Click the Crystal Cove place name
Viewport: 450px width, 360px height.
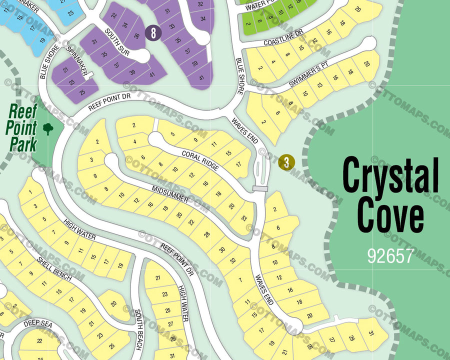tap(390, 195)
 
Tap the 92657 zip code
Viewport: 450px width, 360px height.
tap(390, 255)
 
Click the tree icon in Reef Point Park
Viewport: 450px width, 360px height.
tap(48, 129)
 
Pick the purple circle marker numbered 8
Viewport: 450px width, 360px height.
tap(153, 33)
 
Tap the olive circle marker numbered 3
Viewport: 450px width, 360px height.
tap(286, 162)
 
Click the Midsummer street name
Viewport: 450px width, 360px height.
tap(171, 192)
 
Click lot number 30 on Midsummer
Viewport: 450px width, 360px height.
tap(222, 249)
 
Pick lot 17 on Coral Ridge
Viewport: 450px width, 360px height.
tap(239, 164)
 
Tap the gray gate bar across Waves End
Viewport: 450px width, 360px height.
tap(260, 188)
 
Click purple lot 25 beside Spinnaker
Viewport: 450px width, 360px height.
tap(81, 91)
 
